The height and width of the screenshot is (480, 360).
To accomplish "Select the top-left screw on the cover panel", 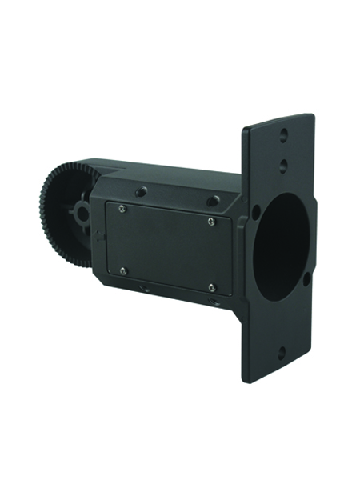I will click(x=121, y=209).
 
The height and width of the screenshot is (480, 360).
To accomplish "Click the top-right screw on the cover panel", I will click(x=211, y=221).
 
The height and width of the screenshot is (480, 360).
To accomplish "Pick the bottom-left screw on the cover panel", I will click(x=122, y=271).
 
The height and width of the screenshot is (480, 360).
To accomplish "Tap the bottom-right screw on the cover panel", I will click(x=211, y=287).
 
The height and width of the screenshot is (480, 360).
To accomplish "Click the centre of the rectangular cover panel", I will click(x=166, y=246).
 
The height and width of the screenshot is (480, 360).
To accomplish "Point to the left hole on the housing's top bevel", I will click(x=141, y=191).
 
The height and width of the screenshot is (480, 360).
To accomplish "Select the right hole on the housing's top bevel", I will click(x=213, y=201).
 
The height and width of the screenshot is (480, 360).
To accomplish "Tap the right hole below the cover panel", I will click(x=214, y=302).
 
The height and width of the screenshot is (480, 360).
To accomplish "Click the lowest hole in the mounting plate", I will click(x=282, y=351).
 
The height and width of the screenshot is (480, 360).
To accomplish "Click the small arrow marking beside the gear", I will click(x=98, y=235).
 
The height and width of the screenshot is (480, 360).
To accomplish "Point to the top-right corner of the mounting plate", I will click(x=311, y=117).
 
